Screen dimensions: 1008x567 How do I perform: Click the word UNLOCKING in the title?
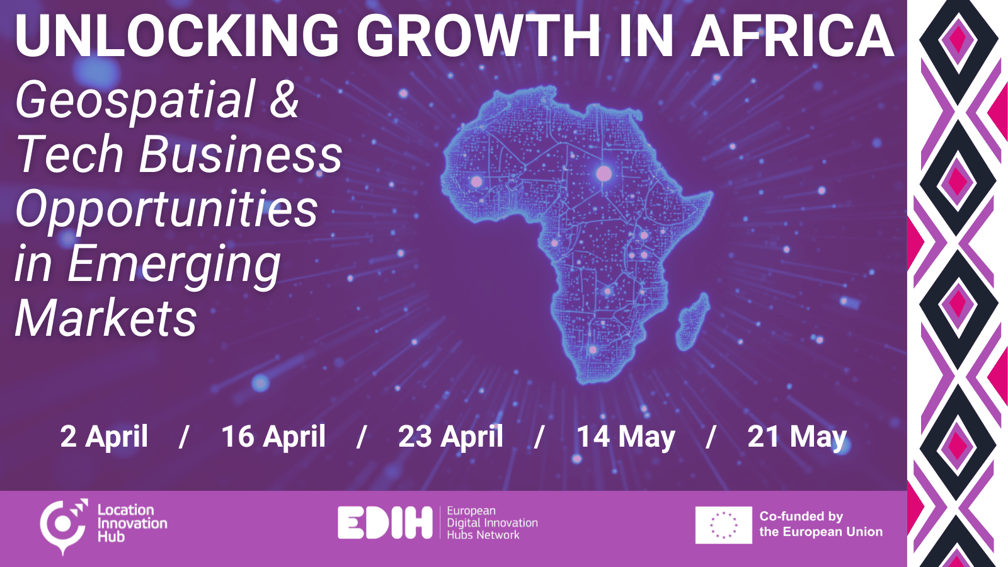point(177,35)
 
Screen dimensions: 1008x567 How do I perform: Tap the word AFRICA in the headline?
point(793,35)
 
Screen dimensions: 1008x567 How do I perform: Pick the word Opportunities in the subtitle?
point(166,209)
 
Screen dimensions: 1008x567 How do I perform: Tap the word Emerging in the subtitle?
point(174,265)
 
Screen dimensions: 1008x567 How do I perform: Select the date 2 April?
point(104,437)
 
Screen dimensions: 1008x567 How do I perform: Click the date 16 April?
point(273,437)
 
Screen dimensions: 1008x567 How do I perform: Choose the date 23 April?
point(450,437)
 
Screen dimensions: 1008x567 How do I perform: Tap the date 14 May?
point(626,437)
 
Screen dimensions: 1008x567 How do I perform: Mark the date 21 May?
point(797,437)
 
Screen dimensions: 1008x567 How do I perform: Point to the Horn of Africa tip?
point(712,194)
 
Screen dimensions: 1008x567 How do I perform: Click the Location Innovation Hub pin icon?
point(63,525)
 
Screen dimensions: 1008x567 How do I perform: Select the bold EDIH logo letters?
point(385,522)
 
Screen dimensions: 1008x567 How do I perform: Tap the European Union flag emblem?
point(724,525)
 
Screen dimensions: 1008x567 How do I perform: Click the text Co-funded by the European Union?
point(821,524)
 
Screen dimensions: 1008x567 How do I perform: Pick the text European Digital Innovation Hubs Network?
point(492,523)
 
